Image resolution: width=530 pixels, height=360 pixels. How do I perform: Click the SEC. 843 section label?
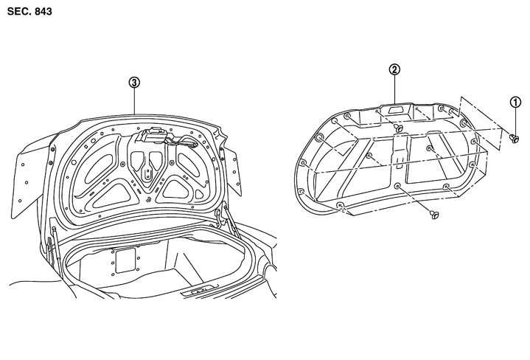click(29, 12)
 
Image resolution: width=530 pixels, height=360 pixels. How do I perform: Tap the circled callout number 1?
click(515, 102)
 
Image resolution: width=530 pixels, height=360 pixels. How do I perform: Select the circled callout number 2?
click(394, 69)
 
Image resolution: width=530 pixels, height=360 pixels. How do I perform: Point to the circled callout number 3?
click(134, 82)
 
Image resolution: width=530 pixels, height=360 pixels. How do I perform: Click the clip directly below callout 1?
click(514, 138)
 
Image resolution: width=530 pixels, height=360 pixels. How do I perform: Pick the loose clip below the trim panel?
click(434, 214)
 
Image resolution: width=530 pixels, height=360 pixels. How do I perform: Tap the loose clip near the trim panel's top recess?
click(399, 128)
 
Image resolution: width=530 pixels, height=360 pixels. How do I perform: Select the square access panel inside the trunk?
click(125, 260)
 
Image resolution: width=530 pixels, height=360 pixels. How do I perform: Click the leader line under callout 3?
click(135, 101)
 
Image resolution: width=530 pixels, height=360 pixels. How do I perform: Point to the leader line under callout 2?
click(394, 89)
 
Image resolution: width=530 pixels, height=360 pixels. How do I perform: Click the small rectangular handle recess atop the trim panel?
click(395, 110)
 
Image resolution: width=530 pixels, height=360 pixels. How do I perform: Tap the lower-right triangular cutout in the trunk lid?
click(175, 190)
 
